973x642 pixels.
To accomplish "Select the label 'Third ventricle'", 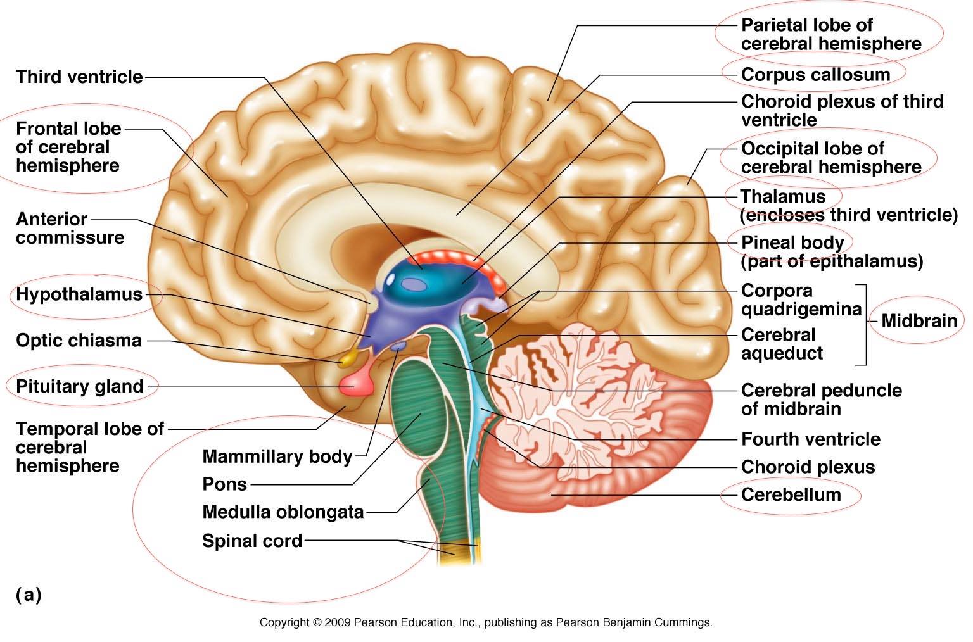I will (79, 77).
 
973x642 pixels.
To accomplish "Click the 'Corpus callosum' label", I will (815, 75).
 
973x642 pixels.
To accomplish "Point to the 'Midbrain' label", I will (919, 320).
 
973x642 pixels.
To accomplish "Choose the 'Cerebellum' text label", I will (791, 494).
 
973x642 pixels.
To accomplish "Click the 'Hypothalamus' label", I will (79, 294).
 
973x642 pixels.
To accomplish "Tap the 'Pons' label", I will (224, 484).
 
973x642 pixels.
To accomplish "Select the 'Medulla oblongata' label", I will (283, 512).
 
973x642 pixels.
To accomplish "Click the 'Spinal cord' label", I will (251, 541).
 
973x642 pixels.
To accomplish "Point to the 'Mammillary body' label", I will (277, 456).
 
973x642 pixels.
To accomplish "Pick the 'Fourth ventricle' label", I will (810, 439).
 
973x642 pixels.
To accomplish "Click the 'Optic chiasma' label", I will (79, 341).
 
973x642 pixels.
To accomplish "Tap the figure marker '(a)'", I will (29, 595).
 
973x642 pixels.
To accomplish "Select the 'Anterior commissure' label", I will (70, 229).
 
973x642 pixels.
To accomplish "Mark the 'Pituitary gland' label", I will (79, 386).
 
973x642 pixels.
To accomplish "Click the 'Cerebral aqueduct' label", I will (782, 344).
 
